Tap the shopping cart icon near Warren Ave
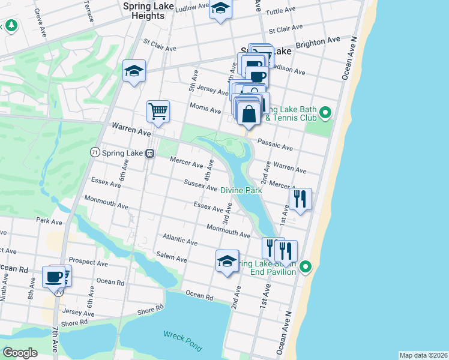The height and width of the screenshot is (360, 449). click(158, 110)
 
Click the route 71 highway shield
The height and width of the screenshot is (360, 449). click(94, 152)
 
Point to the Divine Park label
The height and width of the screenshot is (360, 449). click(242, 190)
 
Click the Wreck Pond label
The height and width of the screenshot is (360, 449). click(182, 341)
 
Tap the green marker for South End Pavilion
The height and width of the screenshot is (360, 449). click(306, 266)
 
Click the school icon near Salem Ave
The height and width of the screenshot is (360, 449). click(227, 261)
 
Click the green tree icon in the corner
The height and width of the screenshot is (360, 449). click(11, 25)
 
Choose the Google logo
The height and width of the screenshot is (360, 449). click(20, 353)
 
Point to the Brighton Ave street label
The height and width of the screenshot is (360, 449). click(318, 42)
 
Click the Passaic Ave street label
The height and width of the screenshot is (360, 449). click(275, 145)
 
